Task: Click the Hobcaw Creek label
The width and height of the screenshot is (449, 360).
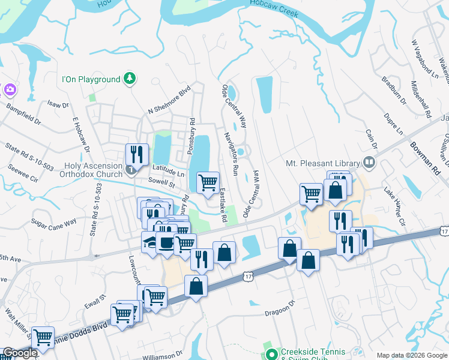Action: tap(274, 12)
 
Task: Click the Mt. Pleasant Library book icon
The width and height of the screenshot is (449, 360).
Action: tap(368, 162)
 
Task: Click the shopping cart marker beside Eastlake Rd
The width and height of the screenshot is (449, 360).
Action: tap(208, 182)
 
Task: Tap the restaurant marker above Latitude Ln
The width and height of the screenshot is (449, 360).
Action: tap(137, 154)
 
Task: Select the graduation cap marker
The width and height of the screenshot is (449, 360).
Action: tap(149, 242)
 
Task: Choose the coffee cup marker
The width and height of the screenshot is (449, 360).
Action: tap(165, 243)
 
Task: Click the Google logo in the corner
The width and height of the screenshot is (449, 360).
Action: tap(20, 353)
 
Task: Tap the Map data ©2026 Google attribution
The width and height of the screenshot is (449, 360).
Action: tap(411, 355)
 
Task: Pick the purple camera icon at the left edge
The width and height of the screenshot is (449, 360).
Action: tap(8, 89)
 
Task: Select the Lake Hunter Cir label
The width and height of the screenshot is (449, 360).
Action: tap(395, 206)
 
